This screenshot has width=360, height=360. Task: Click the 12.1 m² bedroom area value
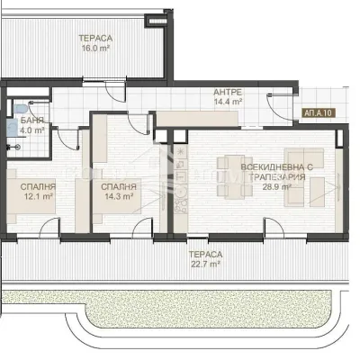(37, 196)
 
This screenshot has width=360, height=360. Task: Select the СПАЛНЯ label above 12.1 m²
(37, 185)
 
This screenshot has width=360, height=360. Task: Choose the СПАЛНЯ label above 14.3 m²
(119, 184)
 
